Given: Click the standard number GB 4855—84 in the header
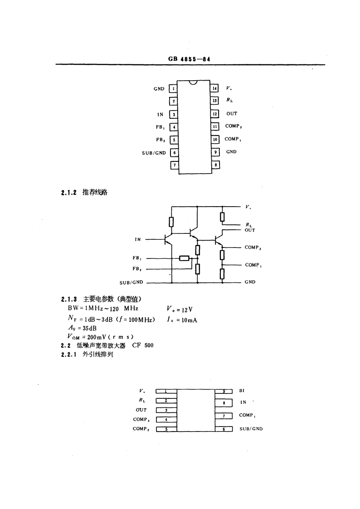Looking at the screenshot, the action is pyautogui.click(x=189, y=59).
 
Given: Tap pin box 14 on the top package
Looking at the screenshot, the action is pyautogui.click(x=214, y=88).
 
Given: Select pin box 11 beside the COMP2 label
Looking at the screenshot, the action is pyautogui.click(x=214, y=126).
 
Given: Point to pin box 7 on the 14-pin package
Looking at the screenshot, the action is pyautogui.click(x=174, y=165).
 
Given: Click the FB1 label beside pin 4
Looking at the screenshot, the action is pyautogui.click(x=161, y=127).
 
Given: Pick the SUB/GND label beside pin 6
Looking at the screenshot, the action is pyautogui.click(x=154, y=153).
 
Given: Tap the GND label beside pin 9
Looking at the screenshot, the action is pyautogui.click(x=231, y=151).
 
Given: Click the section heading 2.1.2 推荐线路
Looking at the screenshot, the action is pyautogui.click(x=84, y=192).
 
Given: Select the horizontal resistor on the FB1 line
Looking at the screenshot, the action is pyautogui.click(x=185, y=258).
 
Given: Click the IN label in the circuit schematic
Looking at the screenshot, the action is pyautogui.click(x=138, y=240).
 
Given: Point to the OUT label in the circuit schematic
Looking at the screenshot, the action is pyautogui.click(x=250, y=230).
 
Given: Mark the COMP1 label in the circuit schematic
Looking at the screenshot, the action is pyautogui.click(x=253, y=265).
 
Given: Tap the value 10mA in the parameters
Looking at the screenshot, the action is pyautogui.click(x=189, y=320).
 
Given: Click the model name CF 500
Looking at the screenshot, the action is pyautogui.click(x=143, y=345).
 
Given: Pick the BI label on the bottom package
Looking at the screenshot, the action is pyautogui.click(x=242, y=391).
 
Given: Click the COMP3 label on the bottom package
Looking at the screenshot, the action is pyautogui.click(x=141, y=419).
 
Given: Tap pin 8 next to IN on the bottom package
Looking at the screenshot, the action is pyautogui.click(x=224, y=403).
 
